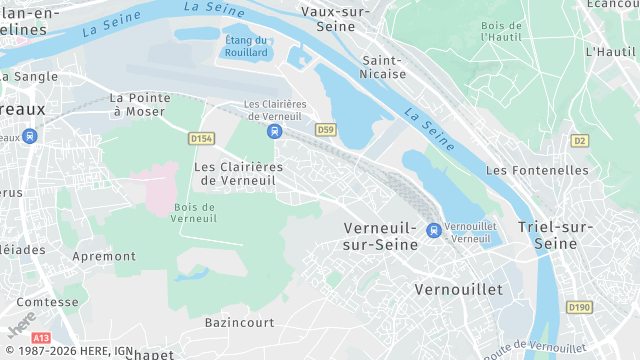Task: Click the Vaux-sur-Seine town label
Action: click(336, 20)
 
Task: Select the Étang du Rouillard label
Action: click(246, 45)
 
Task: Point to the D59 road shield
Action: click(325, 130)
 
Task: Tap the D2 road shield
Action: click(579, 140)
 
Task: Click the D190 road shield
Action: click(579, 307)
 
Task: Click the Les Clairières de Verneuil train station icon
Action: click(274, 131)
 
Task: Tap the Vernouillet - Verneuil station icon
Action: click(433, 231)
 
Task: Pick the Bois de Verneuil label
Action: click(194, 212)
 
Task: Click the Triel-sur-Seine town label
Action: click(555, 235)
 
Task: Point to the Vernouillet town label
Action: click(458, 289)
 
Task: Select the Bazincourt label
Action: click(239, 323)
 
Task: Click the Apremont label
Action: click(104, 256)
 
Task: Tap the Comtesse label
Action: click(48, 301)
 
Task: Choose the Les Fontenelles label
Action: click(537, 170)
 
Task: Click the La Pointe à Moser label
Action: click(139, 104)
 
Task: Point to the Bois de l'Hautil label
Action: click(501, 31)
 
